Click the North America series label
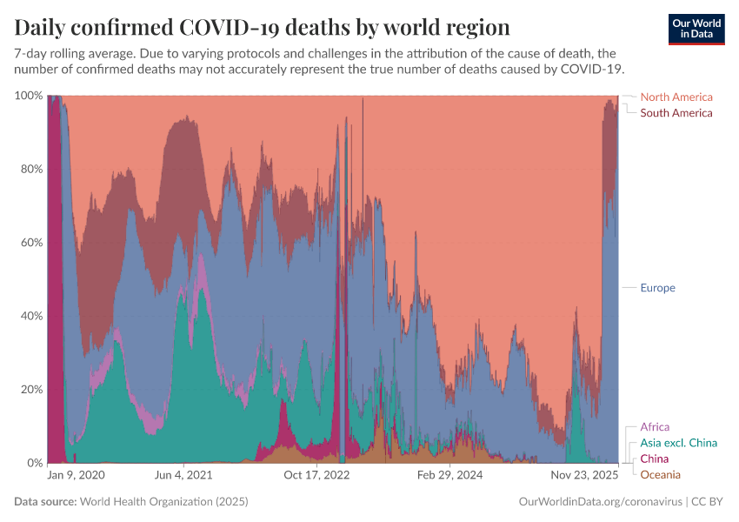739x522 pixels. click(x=676, y=97)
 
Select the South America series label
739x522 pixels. click(x=676, y=113)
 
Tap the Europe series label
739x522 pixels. click(x=657, y=288)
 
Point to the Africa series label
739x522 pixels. click(x=655, y=427)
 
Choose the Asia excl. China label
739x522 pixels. click(x=678, y=443)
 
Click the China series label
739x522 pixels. click(x=654, y=458)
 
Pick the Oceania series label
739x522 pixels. click(x=660, y=474)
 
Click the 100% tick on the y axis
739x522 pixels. click(x=29, y=96)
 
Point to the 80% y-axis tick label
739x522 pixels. click(x=31, y=169)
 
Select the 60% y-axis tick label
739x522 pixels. click(x=31, y=242)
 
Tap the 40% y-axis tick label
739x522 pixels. click(x=31, y=316)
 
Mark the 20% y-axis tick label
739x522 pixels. click(x=31, y=389)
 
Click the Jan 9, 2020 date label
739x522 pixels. click(x=76, y=476)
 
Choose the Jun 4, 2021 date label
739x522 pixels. click(x=183, y=476)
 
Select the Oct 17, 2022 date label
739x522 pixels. click(x=316, y=476)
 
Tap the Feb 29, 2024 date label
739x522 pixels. click(x=450, y=476)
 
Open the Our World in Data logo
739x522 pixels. click(x=696, y=29)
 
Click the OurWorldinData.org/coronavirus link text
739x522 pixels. click(x=599, y=502)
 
